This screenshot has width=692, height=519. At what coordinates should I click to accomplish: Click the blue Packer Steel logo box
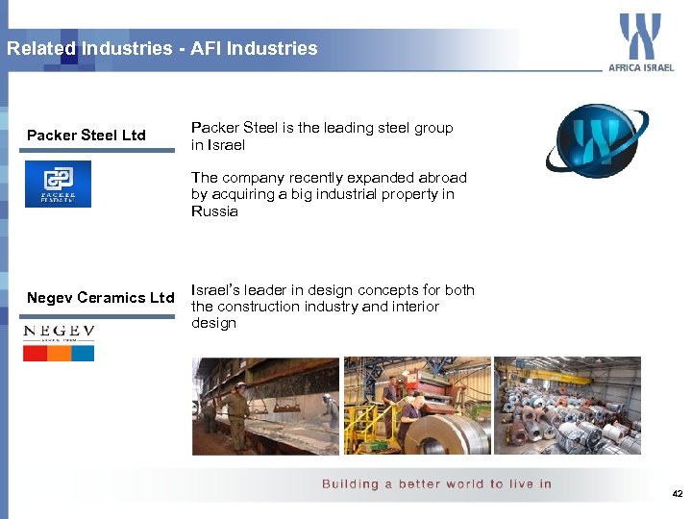coord(58,184)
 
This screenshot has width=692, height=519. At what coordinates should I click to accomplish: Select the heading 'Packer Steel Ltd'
coord(86,136)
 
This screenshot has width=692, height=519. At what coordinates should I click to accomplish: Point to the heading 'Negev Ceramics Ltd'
coord(100,298)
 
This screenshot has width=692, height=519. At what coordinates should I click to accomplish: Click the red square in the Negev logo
coord(35,353)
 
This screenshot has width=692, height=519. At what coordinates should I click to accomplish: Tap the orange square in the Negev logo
coord(59,353)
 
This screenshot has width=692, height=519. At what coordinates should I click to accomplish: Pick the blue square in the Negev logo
coord(83,353)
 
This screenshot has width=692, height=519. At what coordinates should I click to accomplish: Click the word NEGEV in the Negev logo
coord(59,332)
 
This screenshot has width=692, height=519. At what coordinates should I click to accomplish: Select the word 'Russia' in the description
coord(214,211)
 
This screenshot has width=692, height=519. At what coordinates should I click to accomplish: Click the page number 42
coord(678,493)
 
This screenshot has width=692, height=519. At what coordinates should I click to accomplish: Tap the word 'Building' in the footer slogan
coord(350,483)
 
